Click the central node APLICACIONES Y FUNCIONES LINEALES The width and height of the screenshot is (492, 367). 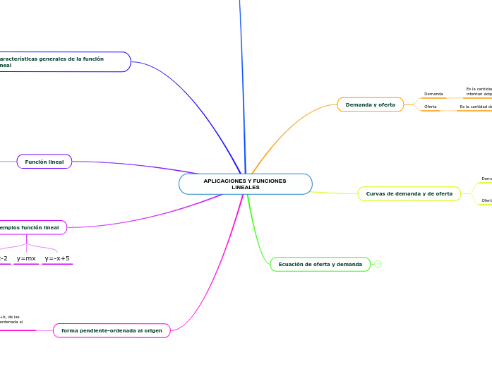245,184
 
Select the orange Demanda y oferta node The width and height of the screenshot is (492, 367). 370,104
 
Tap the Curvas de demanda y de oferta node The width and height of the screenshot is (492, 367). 409,193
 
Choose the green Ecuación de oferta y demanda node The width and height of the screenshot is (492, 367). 320,265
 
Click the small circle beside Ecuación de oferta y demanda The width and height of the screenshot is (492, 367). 378,264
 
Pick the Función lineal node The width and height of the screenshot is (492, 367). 44,162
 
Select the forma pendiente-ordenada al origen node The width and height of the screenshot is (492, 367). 112,330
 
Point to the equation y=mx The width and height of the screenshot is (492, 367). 26,258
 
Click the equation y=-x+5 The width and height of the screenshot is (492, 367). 57,258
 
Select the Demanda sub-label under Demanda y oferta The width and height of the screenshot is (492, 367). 433,94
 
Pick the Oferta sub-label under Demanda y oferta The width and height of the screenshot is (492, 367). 430,107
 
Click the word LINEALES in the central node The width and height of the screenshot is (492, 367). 245,187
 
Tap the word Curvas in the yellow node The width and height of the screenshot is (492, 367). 376,193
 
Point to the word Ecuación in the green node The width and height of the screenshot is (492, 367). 292,265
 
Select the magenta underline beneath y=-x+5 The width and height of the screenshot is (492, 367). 57,265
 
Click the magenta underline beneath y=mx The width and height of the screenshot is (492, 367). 26,265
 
